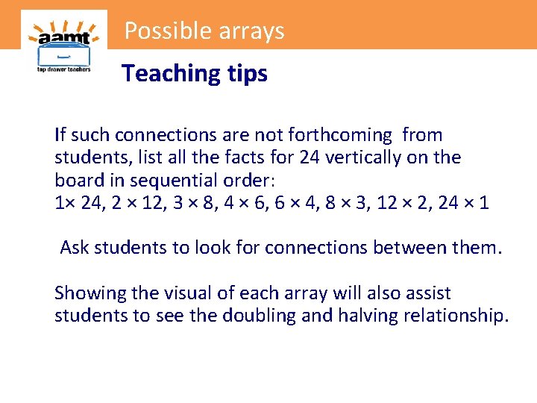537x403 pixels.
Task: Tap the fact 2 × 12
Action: tap(131, 202)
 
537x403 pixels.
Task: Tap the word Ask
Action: tap(75, 247)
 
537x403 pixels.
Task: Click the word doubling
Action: tap(259, 316)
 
